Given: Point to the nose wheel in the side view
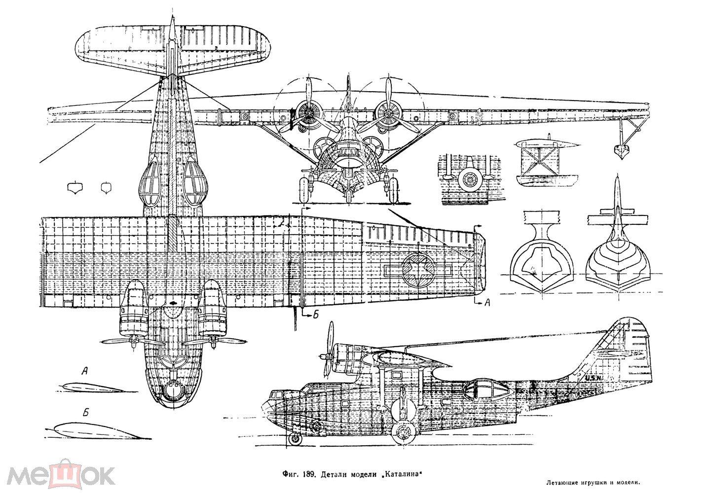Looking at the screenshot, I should click(x=295, y=439).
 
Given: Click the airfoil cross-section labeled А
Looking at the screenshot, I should click(x=91, y=388).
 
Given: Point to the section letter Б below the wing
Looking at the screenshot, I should click(x=314, y=317).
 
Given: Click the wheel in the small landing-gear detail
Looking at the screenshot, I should click(x=469, y=180).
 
